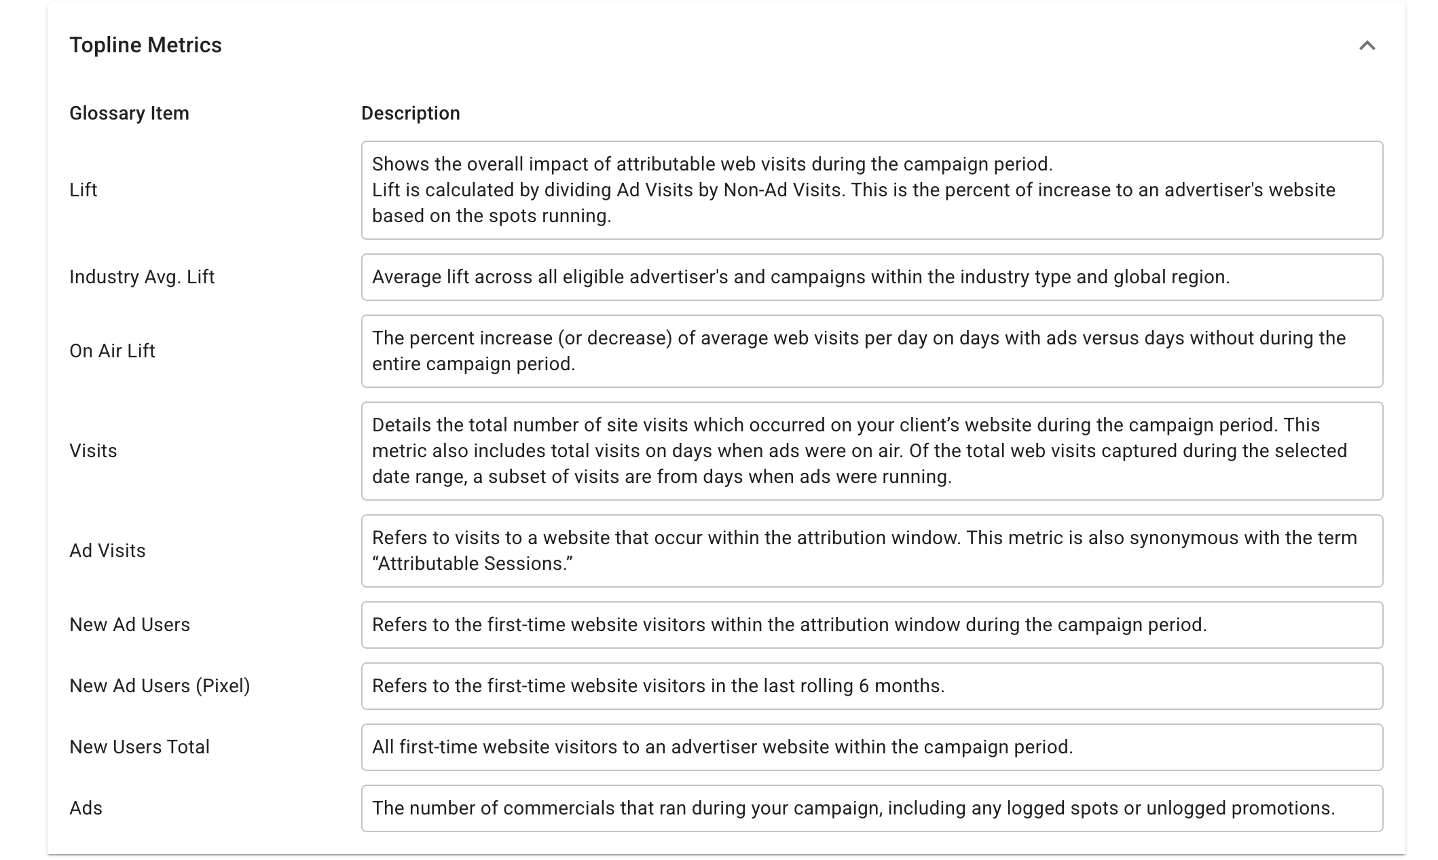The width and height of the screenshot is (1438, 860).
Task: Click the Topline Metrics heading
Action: point(145,45)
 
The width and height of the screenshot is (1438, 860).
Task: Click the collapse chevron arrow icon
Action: point(1367,46)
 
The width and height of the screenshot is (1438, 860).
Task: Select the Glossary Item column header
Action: point(129,113)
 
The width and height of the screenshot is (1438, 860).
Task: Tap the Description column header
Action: point(410,113)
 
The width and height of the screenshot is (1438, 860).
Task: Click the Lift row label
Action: point(83,190)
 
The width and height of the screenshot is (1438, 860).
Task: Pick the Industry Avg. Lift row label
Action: point(142,276)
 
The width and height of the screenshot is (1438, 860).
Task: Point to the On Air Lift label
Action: point(112,351)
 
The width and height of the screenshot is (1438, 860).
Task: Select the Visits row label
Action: point(93,450)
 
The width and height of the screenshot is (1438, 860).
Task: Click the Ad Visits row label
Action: point(107,550)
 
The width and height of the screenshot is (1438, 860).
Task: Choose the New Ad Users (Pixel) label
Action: point(160,685)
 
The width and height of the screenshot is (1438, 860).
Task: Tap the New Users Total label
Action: point(139,747)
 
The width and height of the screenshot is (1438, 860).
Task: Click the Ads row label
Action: point(86,808)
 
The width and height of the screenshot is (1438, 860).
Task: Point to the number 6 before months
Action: point(864,685)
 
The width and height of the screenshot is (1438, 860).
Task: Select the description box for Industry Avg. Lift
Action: point(872,277)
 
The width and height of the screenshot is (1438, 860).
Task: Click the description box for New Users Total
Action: point(872,747)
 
